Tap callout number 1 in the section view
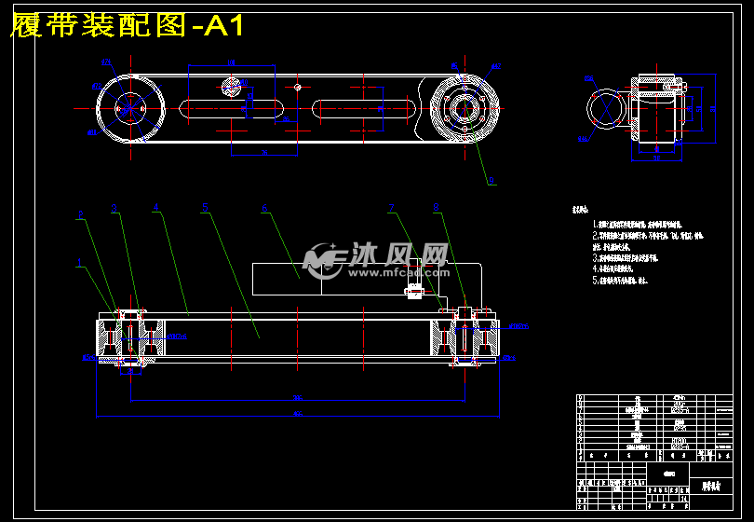click(79, 262)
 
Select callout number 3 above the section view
click(114, 209)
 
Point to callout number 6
click(264, 209)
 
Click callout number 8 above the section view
click(436, 207)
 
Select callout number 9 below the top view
click(491, 181)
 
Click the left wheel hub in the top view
click(130, 108)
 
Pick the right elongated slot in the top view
click(363, 108)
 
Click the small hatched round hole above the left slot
click(230, 87)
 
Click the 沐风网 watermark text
click(399, 254)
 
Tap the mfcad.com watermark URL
click(399, 274)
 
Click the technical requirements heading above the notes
click(582, 211)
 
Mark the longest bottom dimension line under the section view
click(298, 415)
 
